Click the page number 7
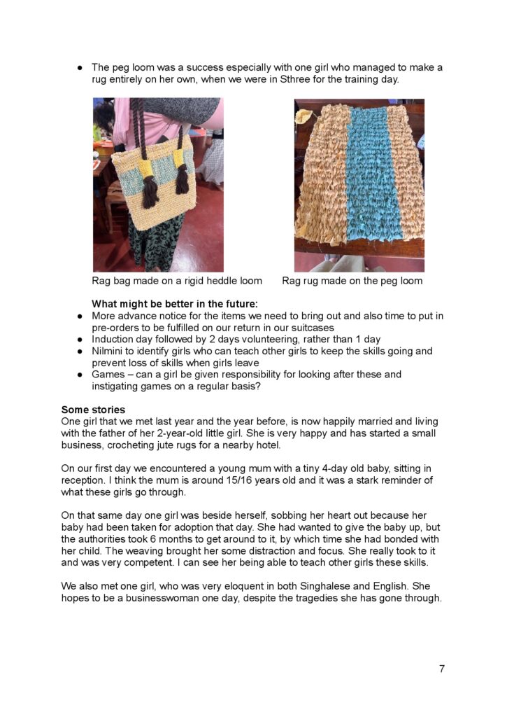coord(441,669)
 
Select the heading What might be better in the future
coord(175,304)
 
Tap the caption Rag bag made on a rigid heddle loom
coord(177,281)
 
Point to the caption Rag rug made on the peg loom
coord(352,281)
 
